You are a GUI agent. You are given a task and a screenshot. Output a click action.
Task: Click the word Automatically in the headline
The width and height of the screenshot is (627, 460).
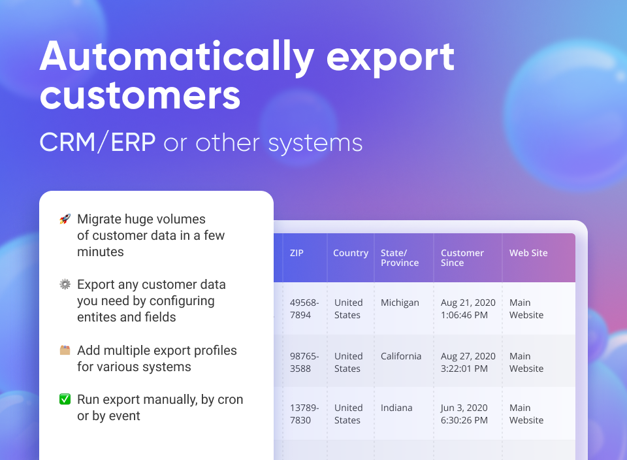click(176, 57)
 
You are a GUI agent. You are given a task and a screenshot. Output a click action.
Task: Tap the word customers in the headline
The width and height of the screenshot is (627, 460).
click(140, 96)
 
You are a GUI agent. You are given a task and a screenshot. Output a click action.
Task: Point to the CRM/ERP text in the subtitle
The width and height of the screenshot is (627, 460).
click(97, 142)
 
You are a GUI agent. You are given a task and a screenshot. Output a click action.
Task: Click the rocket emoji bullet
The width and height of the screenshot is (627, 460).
click(65, 220)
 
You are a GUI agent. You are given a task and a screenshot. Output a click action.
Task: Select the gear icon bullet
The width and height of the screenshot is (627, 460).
click(65, 285)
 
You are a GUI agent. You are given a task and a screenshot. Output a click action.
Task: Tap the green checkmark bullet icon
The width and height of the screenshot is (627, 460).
click(65, 400)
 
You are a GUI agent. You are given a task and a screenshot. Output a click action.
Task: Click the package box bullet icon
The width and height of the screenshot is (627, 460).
click(65, 351)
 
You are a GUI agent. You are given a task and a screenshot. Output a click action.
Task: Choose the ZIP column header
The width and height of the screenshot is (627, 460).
click(297, 254)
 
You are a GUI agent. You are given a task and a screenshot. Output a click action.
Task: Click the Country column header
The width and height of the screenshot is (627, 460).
click(350, 254)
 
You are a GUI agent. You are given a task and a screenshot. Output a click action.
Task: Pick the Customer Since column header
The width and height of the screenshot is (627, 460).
click(462, 258)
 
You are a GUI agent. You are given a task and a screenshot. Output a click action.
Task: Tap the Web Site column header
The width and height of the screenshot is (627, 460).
click(528, 254)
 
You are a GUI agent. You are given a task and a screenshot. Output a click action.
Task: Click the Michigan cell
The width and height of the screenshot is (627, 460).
click(400, 303)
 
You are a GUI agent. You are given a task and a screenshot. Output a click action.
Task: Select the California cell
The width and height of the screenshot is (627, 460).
click(401, 357)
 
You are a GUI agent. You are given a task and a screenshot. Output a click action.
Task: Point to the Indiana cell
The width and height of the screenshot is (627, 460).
click(396, 408)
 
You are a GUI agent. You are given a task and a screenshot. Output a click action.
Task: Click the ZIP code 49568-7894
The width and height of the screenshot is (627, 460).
click(304, 309)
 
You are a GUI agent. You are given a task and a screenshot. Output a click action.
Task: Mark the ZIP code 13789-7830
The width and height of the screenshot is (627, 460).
click(304, 414)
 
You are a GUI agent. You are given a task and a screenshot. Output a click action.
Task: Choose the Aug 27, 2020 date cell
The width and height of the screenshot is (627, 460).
click(468, 363)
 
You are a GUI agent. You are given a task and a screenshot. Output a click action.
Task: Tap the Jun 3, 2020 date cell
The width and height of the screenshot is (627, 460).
click(465, 414)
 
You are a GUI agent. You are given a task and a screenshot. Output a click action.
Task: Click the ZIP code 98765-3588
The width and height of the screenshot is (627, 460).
click(304, 363)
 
